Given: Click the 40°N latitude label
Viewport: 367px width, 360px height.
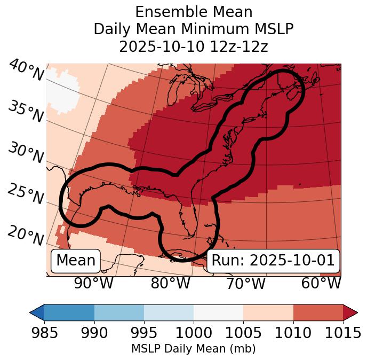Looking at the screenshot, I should [26, 71].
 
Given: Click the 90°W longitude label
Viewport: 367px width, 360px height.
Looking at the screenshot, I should [94, 284].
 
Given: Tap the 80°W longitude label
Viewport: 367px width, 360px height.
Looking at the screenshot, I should [170, 284].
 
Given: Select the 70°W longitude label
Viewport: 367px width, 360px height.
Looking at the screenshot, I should [245, 284].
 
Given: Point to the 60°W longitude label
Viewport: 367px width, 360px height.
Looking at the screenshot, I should [321, 284].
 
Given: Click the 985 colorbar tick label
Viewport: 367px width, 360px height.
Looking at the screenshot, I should [44, 333].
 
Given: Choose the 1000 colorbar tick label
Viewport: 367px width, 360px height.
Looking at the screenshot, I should [194, 333].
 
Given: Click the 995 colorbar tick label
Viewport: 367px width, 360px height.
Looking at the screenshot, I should [144, 333].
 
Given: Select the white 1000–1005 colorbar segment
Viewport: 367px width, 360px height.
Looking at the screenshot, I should [218, 312].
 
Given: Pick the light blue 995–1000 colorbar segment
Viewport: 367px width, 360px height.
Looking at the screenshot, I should [169, 312].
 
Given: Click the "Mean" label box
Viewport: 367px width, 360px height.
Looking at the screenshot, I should [76, 261].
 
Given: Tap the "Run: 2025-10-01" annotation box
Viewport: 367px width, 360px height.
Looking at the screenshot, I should [273, 261].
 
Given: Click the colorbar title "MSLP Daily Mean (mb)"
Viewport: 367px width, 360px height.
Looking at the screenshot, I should [193, 349].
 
